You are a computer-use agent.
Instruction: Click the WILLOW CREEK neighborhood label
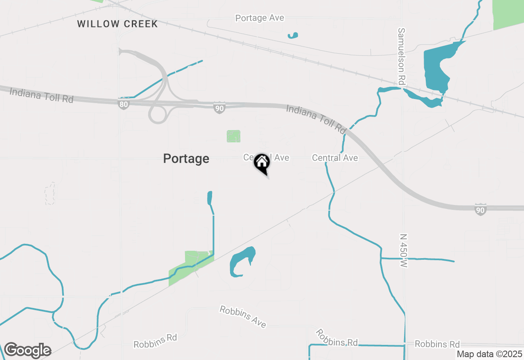coord(117,24)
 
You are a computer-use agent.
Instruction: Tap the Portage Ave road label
coord(260,18)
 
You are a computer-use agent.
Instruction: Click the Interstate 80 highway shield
coord(124,104)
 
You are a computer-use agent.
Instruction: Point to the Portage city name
coord(186,159)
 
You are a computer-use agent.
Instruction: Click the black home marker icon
coord(262,163)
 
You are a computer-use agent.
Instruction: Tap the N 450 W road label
coord(404,251)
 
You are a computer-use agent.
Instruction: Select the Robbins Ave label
coord(243,316)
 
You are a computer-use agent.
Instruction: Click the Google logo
coord(27,350)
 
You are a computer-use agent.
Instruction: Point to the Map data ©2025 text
coord(490,354)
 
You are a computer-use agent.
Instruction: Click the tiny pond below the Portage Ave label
coord(293,36)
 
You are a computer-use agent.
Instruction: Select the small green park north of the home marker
coord(234,136)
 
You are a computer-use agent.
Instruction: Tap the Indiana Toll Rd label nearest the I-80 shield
coord(41,95)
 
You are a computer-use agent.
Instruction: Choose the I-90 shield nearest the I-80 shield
coord(219,108)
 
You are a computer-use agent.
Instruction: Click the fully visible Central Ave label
coord(335,158)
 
